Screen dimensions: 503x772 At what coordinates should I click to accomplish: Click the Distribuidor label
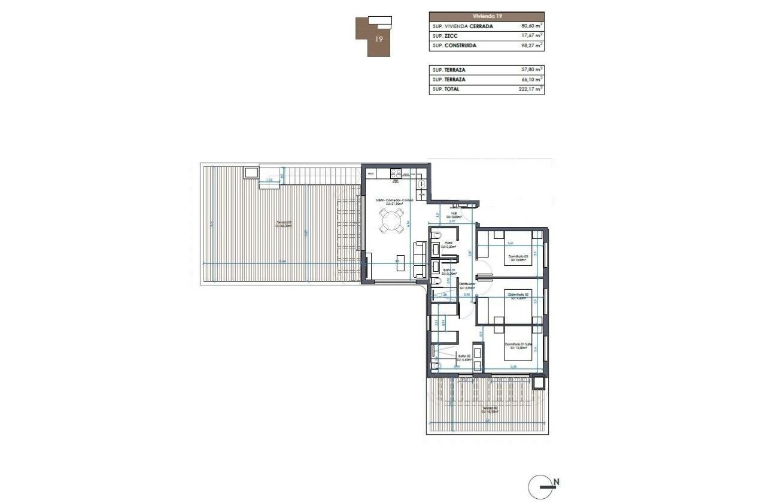click(467, 286)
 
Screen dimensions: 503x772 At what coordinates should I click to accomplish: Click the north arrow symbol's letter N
click(556, 481)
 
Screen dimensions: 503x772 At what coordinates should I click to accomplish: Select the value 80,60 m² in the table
click(532, 26)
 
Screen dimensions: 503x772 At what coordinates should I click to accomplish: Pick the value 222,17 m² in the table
click(531, 90)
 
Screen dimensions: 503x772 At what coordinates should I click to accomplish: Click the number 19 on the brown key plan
click(378, 40)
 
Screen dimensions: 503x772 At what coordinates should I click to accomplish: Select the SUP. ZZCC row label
click(445, 36)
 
